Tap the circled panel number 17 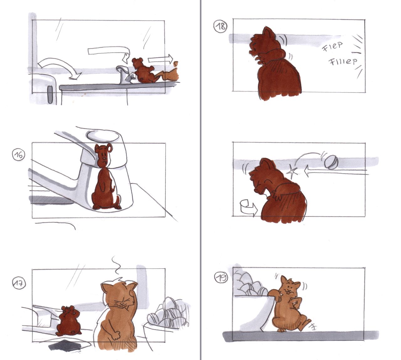(19, 284)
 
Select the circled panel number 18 (220, 26)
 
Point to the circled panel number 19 (221, 278)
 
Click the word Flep (332, 46)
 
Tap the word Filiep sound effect (343, 61)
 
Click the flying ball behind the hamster (331, 162)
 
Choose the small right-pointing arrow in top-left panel (160, 59)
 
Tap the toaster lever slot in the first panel (50, 95)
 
